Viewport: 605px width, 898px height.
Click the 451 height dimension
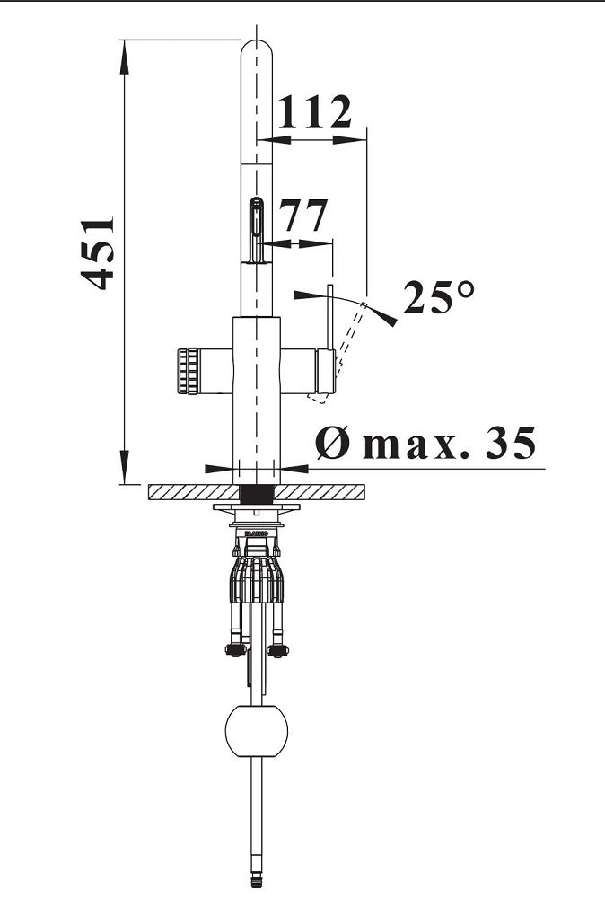(97, 254)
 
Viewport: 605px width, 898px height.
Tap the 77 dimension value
(303, 216)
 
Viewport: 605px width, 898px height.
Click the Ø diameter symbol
(332, 443)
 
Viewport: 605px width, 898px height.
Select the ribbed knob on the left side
(188, 371)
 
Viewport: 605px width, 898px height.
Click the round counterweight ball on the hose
(257, 731)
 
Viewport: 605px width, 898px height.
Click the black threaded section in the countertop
(257, 494)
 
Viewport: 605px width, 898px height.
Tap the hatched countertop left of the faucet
(194, 492)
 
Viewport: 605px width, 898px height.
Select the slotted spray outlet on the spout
(257, 229)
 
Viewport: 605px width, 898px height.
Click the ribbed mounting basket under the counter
(257, 578)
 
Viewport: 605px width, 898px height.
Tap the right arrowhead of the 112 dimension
(349, 139)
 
